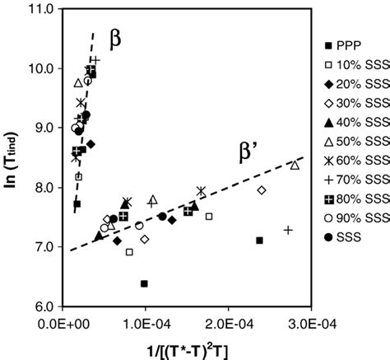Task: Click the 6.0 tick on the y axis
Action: point(44,306)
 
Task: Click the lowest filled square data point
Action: point(144,283)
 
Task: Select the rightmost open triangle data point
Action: point(295,166)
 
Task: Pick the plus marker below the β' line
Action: point(288,230)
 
